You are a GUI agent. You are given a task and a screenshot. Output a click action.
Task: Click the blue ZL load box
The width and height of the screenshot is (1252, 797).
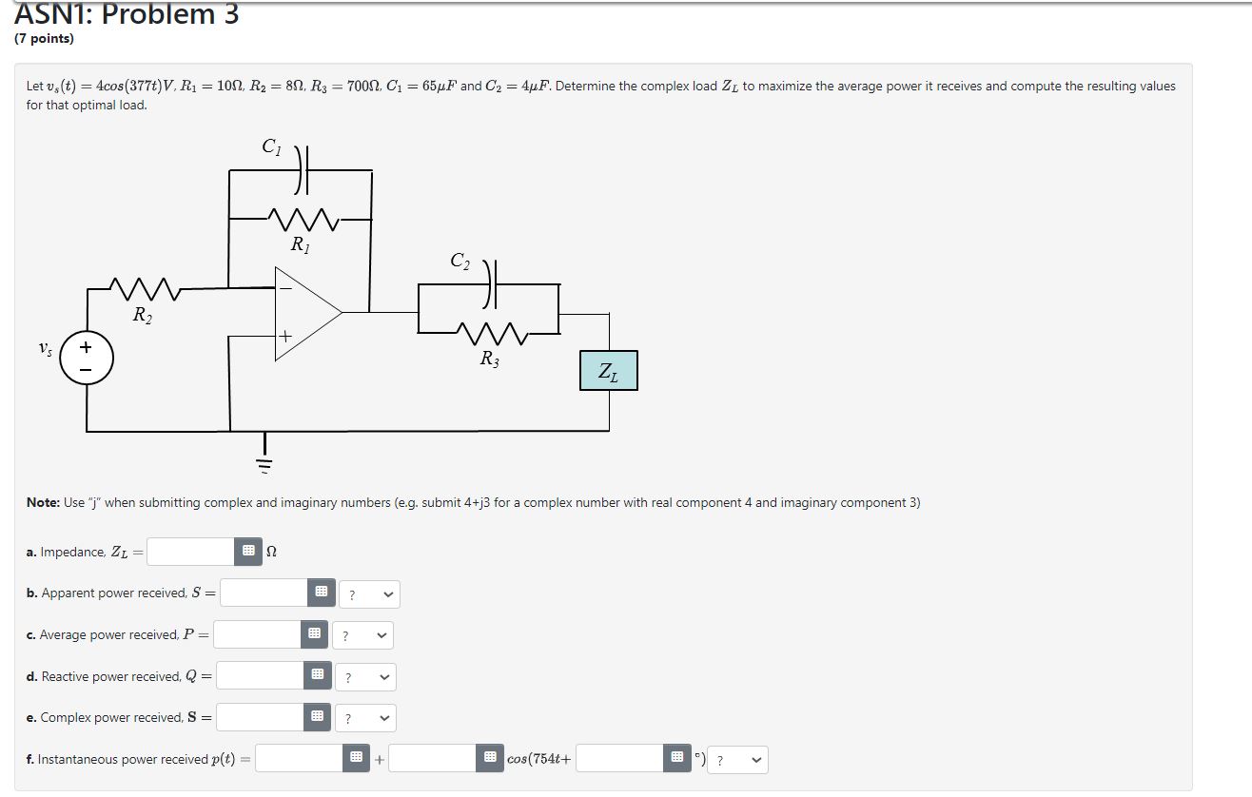[609, 371]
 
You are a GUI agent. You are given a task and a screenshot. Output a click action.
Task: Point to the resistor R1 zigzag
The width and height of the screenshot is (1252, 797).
[300, 220]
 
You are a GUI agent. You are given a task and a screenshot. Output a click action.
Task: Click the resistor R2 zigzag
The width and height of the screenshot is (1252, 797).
[140, 287]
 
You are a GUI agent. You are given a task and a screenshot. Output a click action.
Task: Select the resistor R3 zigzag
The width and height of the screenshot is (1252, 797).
[488, 334]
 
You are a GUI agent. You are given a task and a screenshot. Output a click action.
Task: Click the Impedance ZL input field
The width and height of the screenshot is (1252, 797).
[190, 552]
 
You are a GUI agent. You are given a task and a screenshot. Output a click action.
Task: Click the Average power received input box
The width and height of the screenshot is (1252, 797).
[257, 634]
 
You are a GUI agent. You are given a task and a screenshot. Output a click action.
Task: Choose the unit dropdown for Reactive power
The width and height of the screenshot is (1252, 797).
[364, 677]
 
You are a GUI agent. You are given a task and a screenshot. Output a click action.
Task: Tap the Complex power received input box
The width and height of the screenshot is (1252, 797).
[260, 717]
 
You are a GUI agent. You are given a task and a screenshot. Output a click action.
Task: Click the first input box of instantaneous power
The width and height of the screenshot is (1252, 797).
[299, 759]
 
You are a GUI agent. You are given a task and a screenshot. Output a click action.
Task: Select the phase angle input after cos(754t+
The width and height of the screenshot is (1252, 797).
[619, 759]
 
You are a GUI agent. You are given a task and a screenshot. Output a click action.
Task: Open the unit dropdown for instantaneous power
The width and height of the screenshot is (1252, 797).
[739, 760]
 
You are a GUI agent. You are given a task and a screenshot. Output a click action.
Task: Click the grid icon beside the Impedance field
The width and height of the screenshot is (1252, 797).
[248, 552]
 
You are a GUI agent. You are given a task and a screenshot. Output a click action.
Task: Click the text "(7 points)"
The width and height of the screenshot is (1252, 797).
[44, 39]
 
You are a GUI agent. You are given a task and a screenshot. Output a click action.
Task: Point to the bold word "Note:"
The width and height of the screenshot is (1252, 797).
[44, 502]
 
